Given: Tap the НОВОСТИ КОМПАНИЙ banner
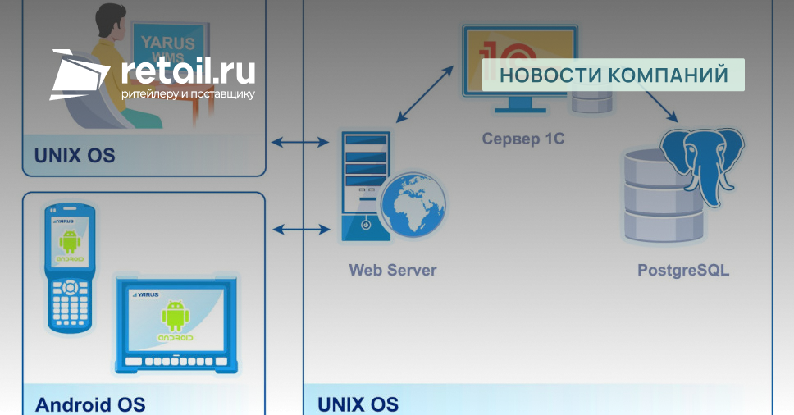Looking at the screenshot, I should tap(613, 75).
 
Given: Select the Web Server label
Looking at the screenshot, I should tap(393, 270).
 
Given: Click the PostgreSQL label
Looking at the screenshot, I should tap(682, 270).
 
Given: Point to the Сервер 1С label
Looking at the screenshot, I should tap(522, 139).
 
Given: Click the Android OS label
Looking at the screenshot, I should tap(90, 404).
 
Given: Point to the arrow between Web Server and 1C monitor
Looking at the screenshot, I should tap(425, 92).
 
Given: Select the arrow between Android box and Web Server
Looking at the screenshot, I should tap(299, 229).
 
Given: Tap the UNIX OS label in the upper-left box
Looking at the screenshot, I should tap(74, 155).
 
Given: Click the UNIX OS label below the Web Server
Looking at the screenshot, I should tap(358, 404).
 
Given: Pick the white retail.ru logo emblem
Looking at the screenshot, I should tap(79, 75).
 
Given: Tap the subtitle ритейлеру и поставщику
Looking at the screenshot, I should tap(188, 94).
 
